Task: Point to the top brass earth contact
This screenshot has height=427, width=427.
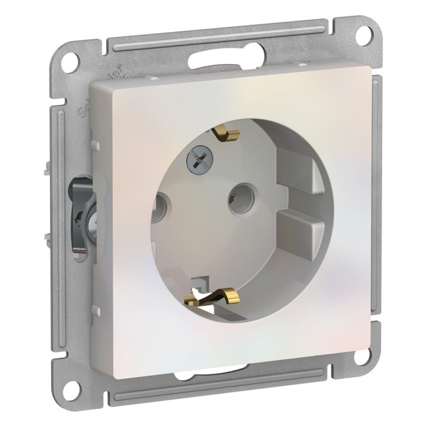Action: point(226,135)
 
